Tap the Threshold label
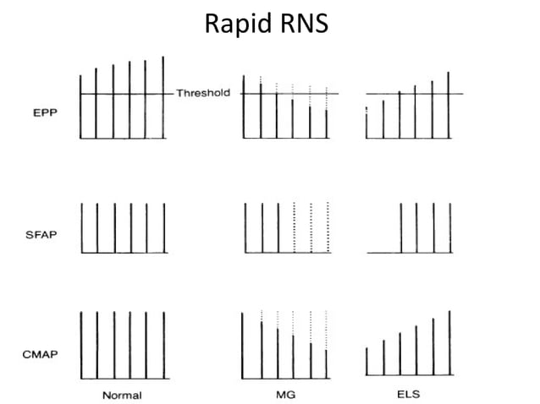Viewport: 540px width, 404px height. [202, 93]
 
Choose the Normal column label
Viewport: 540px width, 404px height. [122, 395]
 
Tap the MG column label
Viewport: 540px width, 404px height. [285, 395]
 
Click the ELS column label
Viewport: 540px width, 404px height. [409, 395]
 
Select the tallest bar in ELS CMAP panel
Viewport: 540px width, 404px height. [449, 342]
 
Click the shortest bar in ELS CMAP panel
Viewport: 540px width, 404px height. [366, 361]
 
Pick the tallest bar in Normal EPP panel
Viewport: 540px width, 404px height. [163, 97]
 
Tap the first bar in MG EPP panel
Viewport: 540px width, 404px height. [244, 106]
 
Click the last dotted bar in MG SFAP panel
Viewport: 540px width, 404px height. [327, 228]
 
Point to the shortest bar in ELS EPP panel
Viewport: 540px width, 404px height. [366, 124]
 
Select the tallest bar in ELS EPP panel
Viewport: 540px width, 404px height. [449, 105]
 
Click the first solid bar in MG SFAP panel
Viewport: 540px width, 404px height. [244, 228]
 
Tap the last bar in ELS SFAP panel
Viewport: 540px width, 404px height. [449, 228]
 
